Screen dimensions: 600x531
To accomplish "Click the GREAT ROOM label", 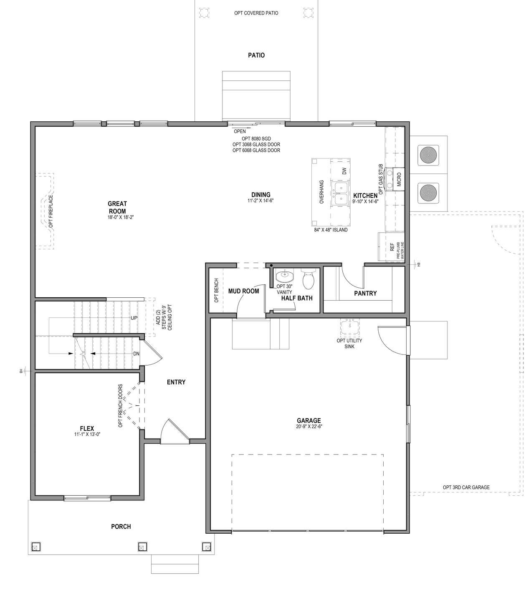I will tap(117, 207).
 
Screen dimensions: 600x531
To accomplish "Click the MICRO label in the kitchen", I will tap(399, 179).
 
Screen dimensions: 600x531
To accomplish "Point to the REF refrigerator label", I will tap(392, 247).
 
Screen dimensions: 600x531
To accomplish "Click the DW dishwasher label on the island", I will tap(344, 171).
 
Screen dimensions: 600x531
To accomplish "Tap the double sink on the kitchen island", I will tap(341, 194).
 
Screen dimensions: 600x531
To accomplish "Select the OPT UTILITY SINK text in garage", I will tap(349, 343).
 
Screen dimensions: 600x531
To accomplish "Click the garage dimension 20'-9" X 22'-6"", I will tap(309, 427).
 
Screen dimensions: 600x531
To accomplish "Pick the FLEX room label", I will tap(87, 429).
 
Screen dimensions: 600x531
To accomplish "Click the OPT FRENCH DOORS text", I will tap(121, 406).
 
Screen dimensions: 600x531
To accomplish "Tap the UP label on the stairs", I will tap(134, 318).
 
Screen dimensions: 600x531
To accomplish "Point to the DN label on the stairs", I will tap(136, 354).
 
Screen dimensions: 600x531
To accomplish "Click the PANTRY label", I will tap(365, 293).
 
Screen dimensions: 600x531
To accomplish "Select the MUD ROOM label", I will tap(243, 291).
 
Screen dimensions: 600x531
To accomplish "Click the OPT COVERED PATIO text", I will tap(256, 13).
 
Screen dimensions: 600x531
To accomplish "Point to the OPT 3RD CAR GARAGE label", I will tap(466, 487).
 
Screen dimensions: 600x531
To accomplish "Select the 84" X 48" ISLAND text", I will tap(331, 230).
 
